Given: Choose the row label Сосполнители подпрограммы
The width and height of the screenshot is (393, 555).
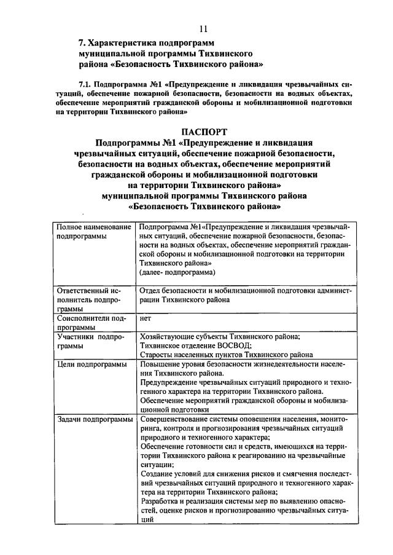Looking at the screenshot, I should click(91, 323).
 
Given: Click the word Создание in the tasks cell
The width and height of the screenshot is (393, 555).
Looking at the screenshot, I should click(157, 474).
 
